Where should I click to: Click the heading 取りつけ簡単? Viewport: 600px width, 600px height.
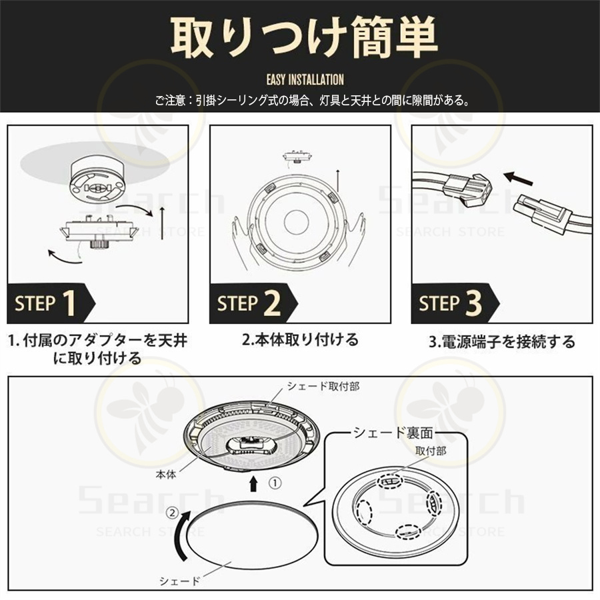pos(304,37)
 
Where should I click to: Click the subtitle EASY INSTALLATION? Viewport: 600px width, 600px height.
pos(305,79)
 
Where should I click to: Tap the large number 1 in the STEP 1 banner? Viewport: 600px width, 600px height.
pos(69,303)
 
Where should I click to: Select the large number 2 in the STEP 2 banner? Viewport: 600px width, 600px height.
pos(272,303)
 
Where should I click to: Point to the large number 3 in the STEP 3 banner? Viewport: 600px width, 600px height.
pos(474,303)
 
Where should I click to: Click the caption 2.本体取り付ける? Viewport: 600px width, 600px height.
pos(301,339)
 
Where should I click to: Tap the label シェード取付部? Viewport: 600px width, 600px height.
pos(323,386)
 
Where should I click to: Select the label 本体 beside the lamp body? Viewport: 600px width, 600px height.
pos(166,475)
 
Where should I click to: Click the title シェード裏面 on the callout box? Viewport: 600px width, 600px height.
pos(393,433)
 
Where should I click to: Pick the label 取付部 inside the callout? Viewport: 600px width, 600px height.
pos(431,451)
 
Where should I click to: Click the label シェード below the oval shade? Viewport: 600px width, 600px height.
pos(179,581)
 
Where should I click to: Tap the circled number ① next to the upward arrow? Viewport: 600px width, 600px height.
pos(275,483)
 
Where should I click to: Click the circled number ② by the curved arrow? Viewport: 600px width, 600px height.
pos(173,513)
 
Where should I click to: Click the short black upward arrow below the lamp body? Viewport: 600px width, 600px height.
pos(253,484)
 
